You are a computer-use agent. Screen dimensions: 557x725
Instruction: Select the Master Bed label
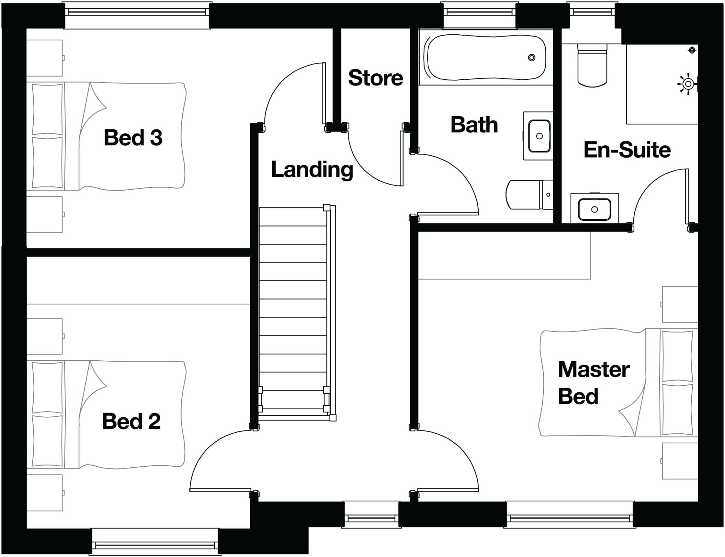(593, 383)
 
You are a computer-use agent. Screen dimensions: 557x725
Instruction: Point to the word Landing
(312, 170)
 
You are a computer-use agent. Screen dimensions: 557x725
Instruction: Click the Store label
(376, 78)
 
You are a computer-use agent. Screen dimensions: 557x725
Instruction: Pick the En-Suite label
(627, 150)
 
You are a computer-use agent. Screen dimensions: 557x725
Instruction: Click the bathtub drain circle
(531, 57)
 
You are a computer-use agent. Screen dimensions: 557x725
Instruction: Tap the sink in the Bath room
(539, 136)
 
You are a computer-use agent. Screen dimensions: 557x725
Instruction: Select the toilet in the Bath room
(527, 195)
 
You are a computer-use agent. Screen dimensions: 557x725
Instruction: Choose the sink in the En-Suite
(594, 209)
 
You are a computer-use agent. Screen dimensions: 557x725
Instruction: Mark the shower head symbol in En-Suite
(688, 84)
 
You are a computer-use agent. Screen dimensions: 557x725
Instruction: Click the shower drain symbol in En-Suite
(692, 50)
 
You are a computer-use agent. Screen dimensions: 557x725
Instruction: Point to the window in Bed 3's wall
(137, 12)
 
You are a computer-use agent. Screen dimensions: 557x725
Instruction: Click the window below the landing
(371, 518)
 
